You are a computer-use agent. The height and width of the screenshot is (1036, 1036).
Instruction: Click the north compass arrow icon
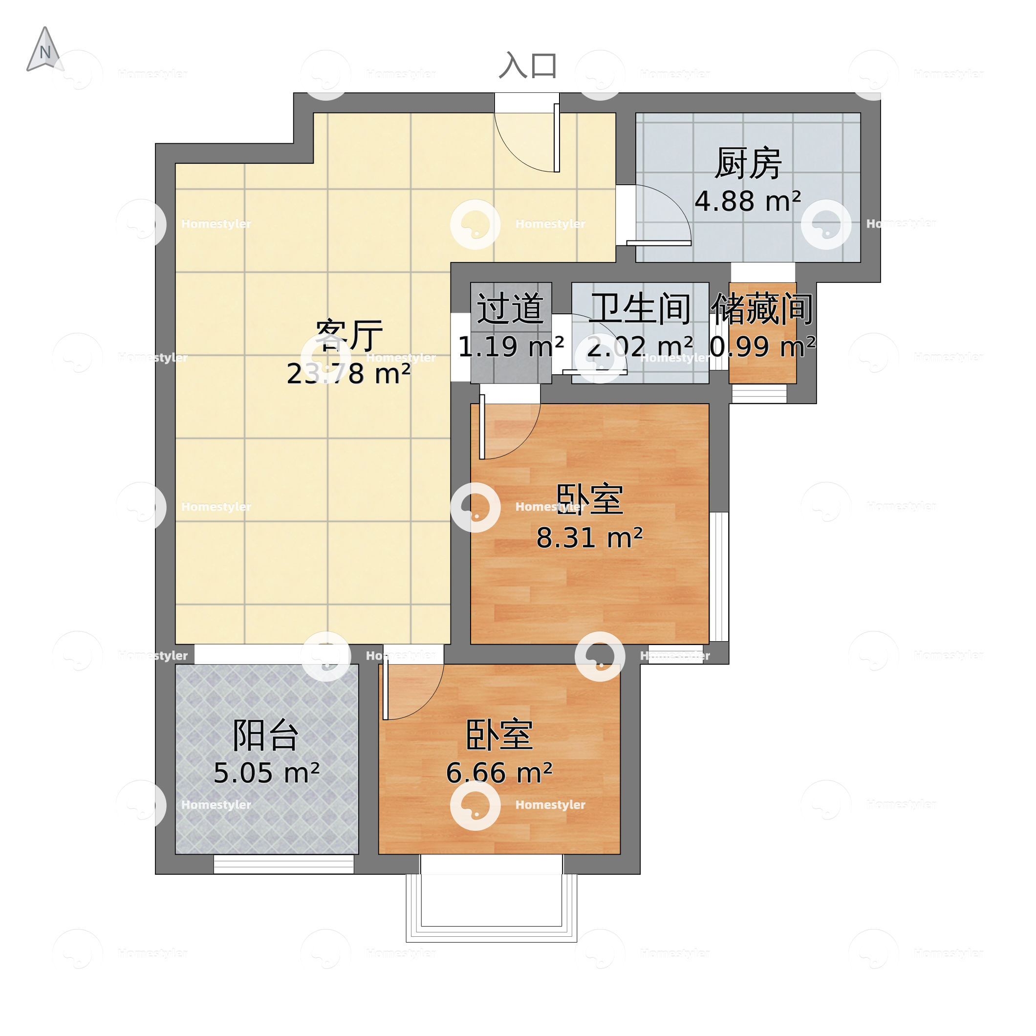45,50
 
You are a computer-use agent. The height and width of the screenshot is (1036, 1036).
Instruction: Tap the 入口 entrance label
528,66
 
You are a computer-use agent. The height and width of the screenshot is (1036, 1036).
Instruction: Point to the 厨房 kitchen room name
748,164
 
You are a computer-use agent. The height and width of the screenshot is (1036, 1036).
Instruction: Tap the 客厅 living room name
348,335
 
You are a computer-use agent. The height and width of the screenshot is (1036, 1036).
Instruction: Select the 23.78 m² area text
348,374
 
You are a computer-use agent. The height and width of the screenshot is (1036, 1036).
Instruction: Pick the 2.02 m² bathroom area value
640,346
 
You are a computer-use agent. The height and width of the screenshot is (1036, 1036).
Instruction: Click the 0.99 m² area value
762,346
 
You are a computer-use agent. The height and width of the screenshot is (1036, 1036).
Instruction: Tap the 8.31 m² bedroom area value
589,538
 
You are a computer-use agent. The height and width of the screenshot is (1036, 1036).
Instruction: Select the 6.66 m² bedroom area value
498,773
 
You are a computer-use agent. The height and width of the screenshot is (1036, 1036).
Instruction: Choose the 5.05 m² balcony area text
266,773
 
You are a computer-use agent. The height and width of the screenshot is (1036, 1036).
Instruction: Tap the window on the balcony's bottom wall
283,864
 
